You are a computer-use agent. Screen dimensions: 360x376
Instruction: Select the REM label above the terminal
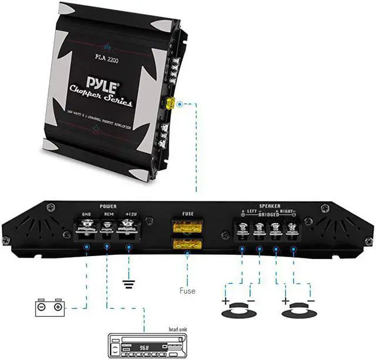tap(108, 214)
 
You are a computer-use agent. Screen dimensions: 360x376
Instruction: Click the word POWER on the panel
tap(108, 207)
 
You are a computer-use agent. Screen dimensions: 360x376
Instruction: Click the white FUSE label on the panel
tap(187, 214)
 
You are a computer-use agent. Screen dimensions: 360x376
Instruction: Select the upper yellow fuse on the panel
tap(187, 227)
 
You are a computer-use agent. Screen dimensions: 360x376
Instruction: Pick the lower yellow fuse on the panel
tap(187, 242)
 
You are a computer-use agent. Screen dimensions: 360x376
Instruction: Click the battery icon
tap(49, 307)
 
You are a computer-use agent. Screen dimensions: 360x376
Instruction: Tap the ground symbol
tap(127, 284)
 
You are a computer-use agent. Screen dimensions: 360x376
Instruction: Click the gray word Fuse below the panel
tap(187, 290)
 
